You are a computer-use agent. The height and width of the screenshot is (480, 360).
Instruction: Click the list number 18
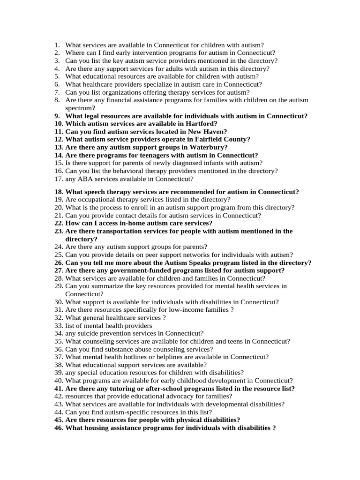[59, 192]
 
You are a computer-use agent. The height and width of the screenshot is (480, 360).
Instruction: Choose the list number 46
[59, 428]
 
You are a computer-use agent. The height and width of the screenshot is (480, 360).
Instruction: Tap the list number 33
[59, 325]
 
